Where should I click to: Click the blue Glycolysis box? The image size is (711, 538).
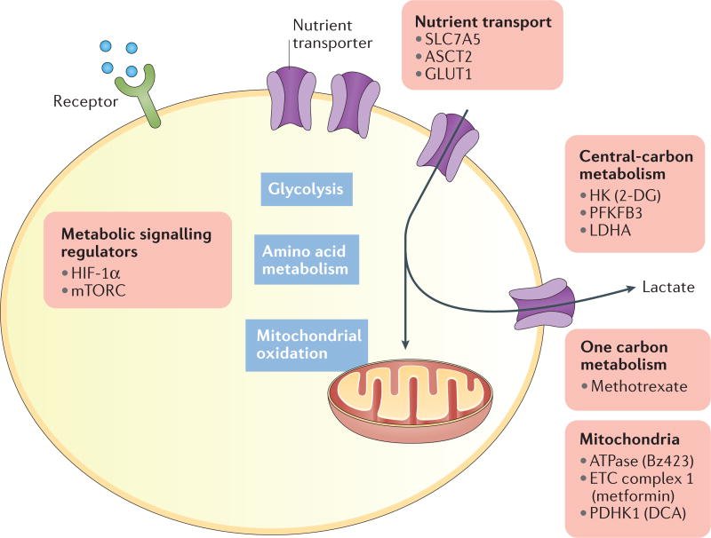[x=307, y=189]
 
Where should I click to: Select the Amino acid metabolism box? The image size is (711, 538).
[x=307, y=259]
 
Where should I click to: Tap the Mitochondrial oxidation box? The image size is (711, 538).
[x=307, y=345]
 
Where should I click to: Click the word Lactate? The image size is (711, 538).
[x=668, y=287]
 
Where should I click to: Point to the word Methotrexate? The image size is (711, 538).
[x=639, y=386]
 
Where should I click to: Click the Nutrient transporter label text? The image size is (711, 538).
[x=332, y=34]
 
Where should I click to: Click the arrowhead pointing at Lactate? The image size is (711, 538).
[x=631, y=289]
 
